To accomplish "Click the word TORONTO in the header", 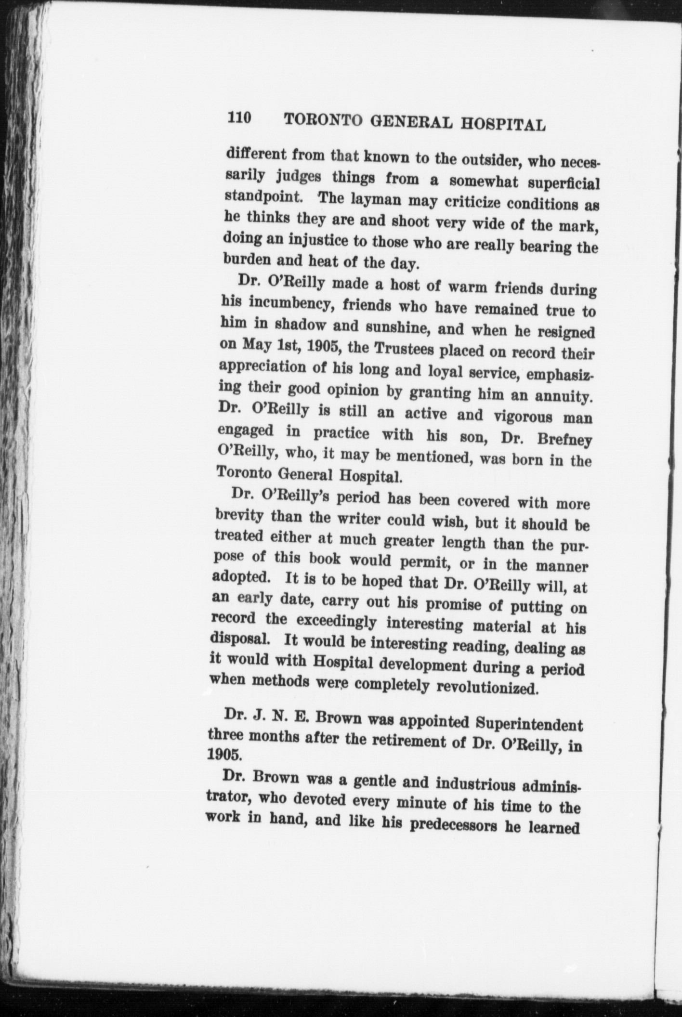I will click(x=323, y=121).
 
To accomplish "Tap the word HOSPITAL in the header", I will click(x=503, y=125).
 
